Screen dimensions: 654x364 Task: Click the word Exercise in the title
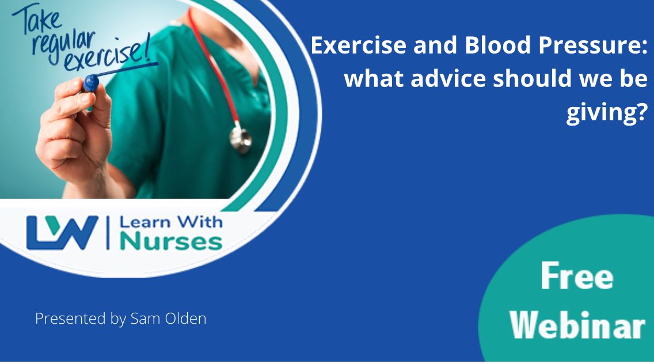pyautogui.click(x=358, y=45)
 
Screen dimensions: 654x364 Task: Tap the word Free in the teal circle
pyautogui.click(x=577, y=276)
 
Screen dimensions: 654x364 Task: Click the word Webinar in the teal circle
pyautogui.click(x=577, y=325)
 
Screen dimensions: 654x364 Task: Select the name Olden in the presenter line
pyautogui.click(x=185, y=318)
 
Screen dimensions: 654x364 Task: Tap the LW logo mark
pyautogui.click(x=62, y=233)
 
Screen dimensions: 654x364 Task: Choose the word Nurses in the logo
pyautogui.click(x=171, y=242)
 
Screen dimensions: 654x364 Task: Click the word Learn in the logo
pyautogui.click(x=145, y=222)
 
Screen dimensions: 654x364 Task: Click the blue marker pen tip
pyautogui.click(x=90, y=83)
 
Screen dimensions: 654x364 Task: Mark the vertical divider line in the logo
pyautogui.click(x=108, y=233)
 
